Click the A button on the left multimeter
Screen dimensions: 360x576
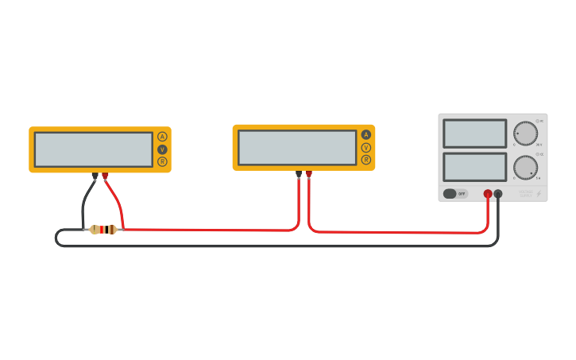click(x=162, y=136)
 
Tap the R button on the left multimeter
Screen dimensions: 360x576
click(x=162, y=161)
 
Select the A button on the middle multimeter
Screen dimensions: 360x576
click(x=366, y=134)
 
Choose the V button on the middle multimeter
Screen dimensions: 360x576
click(x=366, y=147)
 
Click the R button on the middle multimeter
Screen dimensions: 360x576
click(x=366, y=160)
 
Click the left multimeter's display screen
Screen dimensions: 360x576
click(x=94, y=149)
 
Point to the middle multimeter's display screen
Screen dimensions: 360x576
click(x=297, y=147)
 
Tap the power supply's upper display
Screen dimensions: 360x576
click(x=474, y=134)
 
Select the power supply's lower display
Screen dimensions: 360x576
click(x=474, y=167)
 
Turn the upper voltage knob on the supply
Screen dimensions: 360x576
click(x=525, y=133)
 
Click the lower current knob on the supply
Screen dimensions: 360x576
click(x=525, y=167)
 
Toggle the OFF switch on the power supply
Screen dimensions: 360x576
click(x=455, y=193)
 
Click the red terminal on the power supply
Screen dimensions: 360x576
click(x=488, y=193)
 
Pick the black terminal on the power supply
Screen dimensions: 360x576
click(x=498, y=193)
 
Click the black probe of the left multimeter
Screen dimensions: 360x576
click(x=95, y=176)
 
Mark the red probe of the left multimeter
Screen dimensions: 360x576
click(x=105, y=176)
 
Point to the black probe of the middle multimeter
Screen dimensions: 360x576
click(x=299, y=173)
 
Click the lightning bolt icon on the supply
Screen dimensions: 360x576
click(x=539, y=193)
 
